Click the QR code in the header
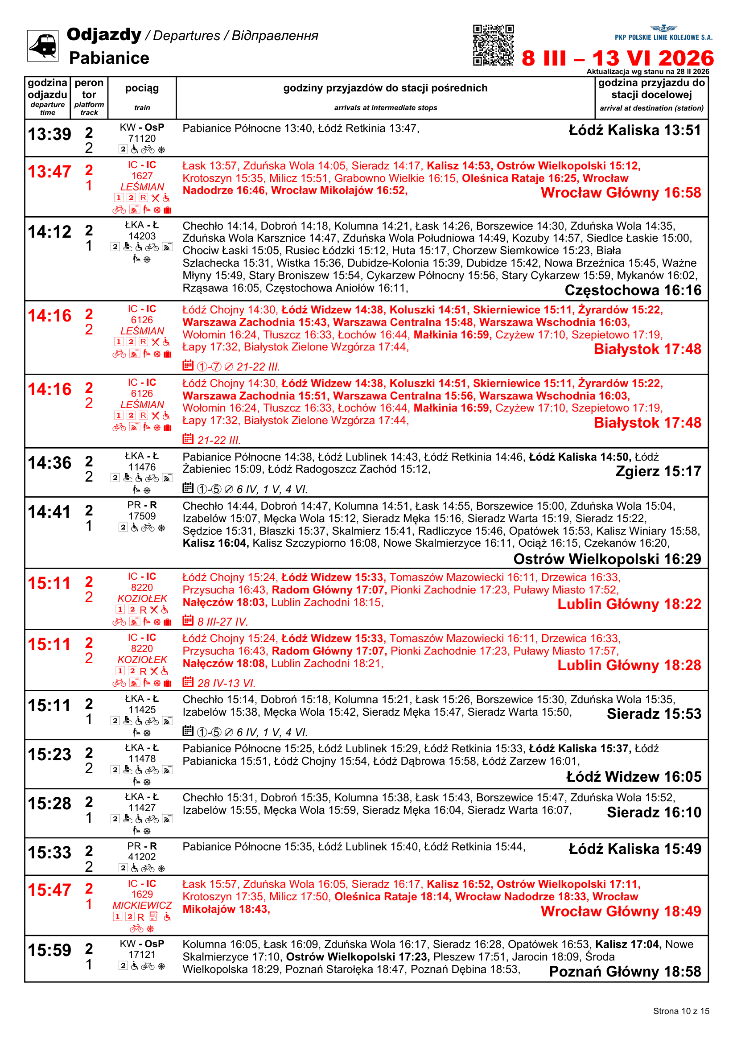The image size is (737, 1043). coord(493,45)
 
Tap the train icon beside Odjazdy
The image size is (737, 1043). coord(43,45)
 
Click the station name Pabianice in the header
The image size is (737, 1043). coord(109,58)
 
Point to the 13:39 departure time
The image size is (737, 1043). coord(49,134)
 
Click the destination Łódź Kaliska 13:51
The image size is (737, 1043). coord(634,130)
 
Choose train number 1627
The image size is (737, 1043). coord(142,176)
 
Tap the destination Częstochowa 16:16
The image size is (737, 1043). coord(633,290)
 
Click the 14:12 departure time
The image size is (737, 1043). coord(49,232)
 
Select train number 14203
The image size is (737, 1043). coord(142,236)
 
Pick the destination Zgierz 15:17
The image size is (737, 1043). coord(658,471)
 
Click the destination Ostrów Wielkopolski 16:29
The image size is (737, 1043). coord(607,559)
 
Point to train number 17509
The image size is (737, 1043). coord(142,516)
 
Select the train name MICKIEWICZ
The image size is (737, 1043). coord(142,905)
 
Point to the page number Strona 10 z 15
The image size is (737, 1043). coord(681,1011)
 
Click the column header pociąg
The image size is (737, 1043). coord(142,88)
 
